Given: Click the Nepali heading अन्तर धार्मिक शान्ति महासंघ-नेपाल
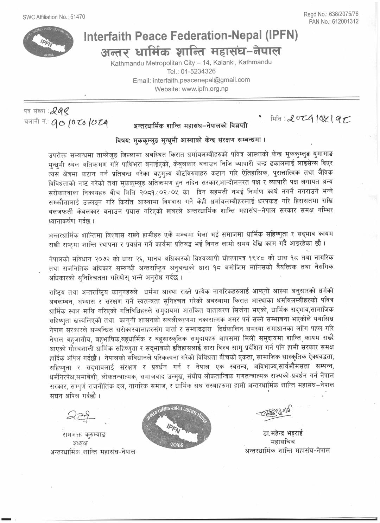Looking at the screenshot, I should [191, 52].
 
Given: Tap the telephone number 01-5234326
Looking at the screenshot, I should [191, 71].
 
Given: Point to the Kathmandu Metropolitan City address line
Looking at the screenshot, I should [191, 63].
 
